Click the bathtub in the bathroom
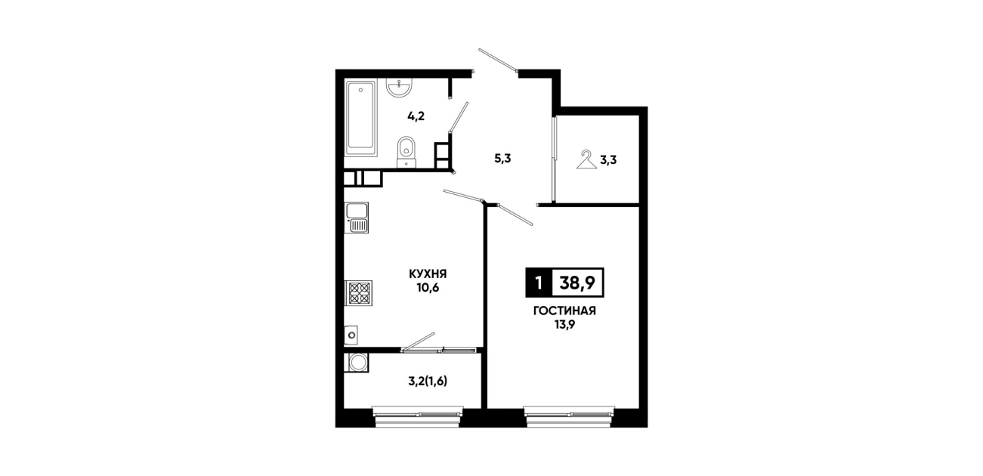point(360,118)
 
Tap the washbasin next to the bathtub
point(399,88)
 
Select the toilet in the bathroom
point(406,152)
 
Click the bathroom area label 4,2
point(416,116)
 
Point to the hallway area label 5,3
point(503,159)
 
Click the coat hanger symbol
point(586,159)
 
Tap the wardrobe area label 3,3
point(608,160)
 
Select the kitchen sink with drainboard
point(357,218)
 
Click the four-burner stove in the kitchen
point(359,293)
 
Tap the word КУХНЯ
point(428,274)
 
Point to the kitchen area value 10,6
point(428,288)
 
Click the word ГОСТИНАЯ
point(564,311)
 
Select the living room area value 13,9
point(564,325)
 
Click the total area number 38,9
point(577,283)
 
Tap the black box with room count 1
point(539,283)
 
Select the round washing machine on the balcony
point(357,363)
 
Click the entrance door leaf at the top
point(498,60)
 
